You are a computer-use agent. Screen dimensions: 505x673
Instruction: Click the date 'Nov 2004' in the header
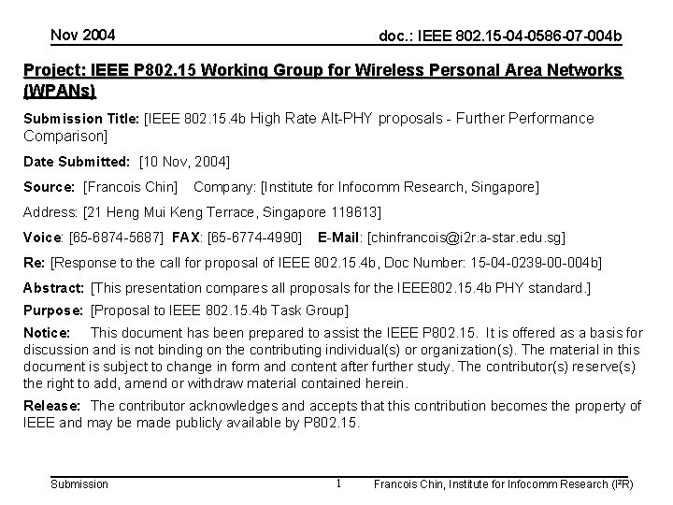tap(83, 36)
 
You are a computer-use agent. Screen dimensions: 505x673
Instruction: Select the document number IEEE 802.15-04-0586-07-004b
tap(500, 36)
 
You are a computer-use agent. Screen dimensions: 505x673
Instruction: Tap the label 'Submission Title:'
tap(79, 119)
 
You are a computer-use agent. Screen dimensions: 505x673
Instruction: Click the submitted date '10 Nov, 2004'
tap(184, 162)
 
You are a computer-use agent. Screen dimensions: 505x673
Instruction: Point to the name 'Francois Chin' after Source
tap(131, 187)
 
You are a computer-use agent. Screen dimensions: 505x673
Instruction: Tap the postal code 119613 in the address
tap(353, 212)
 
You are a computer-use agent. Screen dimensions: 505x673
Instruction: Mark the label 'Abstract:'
tap(52, 287)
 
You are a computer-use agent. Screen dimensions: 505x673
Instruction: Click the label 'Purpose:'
tap(53, 310)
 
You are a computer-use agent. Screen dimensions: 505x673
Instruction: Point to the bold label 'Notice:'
tap(47, 333)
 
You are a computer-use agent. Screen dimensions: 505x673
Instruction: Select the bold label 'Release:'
tap(51, 406)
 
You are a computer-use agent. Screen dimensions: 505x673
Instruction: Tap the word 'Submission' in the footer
tap(79, 483)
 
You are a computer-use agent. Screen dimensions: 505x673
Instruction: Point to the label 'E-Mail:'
tap(341, 238)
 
